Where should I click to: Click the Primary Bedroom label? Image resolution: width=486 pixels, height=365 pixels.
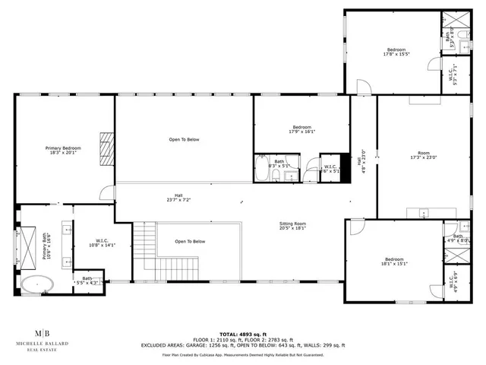tap(63, 150)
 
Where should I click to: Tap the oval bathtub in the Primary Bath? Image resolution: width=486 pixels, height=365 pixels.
tap(36, 284)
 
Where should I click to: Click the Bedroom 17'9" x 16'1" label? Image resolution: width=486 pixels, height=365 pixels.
tap(301, 129)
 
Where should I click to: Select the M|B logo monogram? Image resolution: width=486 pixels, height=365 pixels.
tap(46, 334)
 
